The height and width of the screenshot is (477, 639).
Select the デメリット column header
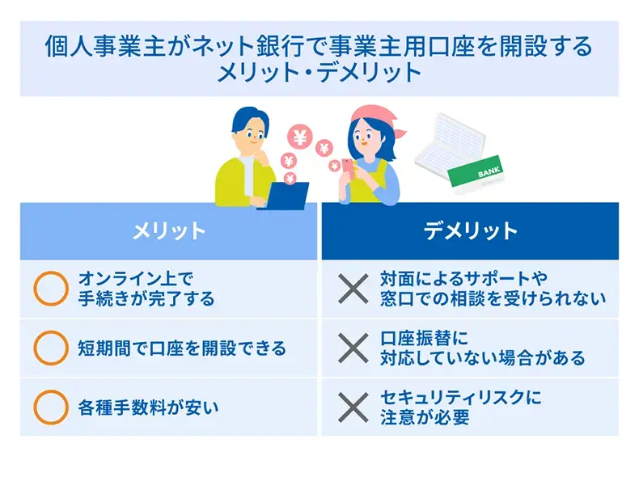click(470, 231)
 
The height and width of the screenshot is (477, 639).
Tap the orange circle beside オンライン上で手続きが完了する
click(50, 288)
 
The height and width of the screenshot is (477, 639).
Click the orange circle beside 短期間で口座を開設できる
click(50, 348)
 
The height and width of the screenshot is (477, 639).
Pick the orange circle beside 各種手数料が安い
click(50, 407)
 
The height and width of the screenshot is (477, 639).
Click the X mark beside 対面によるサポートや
click(352, 288)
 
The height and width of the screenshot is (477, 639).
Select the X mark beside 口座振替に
click(352, 348)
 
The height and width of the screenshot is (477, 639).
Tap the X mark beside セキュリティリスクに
click(352, 407)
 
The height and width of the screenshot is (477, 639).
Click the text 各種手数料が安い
click(148, 407)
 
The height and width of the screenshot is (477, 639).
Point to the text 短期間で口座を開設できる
click(182, 348)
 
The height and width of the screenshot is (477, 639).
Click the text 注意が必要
click(425, 418)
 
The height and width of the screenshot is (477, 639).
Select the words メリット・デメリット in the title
click(319, 72)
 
